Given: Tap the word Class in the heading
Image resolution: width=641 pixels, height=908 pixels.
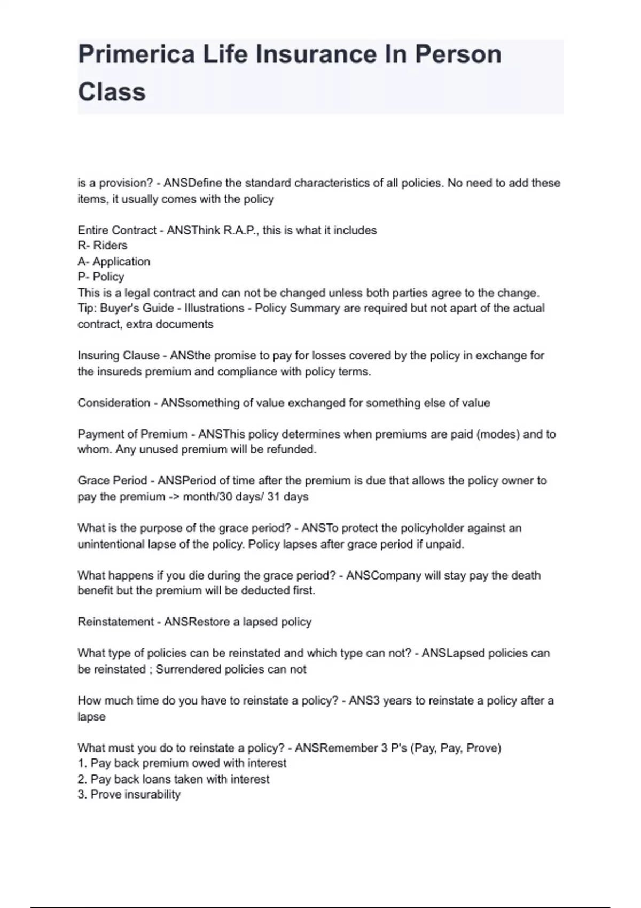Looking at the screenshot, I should click(112, 91).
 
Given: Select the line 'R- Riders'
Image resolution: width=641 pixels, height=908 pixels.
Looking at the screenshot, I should click(103, 246).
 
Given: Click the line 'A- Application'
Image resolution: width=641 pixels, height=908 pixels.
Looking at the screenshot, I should click(114, 262).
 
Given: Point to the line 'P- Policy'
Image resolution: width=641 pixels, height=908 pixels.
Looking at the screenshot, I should click(101, 277).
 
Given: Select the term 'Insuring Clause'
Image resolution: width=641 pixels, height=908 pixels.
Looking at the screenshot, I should click(119, 356).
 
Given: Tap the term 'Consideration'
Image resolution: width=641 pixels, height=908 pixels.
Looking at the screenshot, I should click(114, 403).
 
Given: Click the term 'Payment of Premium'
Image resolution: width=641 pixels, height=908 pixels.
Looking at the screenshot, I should click(132, 434).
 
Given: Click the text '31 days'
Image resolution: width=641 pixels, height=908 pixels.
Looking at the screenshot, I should click(288, 497).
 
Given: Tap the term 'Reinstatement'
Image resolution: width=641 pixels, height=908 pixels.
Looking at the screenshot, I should click(115, 622).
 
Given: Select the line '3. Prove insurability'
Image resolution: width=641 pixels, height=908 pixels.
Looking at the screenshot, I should click(129, 795).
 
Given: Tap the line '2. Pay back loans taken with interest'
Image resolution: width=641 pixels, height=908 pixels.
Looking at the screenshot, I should click(174, 779).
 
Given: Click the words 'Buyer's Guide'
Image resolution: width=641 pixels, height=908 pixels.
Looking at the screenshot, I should click(137, 308).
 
